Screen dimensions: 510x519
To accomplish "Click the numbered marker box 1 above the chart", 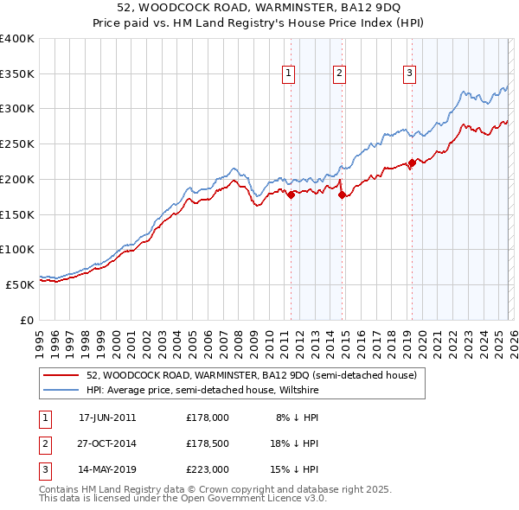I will point(288,74).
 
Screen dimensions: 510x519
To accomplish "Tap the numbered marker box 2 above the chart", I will point(340,74).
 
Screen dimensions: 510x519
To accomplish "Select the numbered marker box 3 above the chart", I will point(409,74).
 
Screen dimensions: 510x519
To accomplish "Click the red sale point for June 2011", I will point(291,194).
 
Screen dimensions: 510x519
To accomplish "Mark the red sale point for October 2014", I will point(343,194).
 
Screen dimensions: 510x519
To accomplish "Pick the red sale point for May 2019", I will point(412,163).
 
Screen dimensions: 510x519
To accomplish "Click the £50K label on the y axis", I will point(21,284).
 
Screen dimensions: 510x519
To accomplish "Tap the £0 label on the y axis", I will point(28,320).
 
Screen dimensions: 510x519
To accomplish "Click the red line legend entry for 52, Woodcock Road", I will point(251,375).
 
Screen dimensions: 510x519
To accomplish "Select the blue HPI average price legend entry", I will point(202,390).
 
